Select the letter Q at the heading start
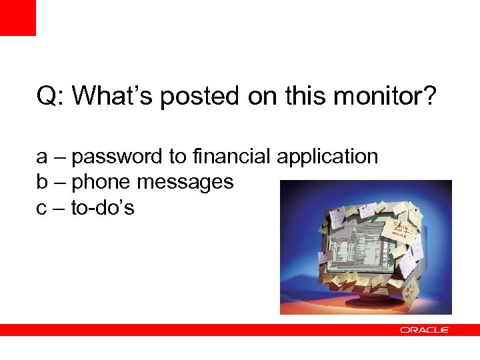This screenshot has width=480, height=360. (46, 96)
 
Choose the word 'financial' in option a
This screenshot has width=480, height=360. (231, 157)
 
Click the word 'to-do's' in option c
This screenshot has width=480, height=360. (103, 208)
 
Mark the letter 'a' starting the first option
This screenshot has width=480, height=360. (42, 158)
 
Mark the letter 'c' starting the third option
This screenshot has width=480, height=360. (42, 209)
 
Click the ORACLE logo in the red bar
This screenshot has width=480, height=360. (425, 330)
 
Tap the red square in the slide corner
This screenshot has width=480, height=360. (17, 17)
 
